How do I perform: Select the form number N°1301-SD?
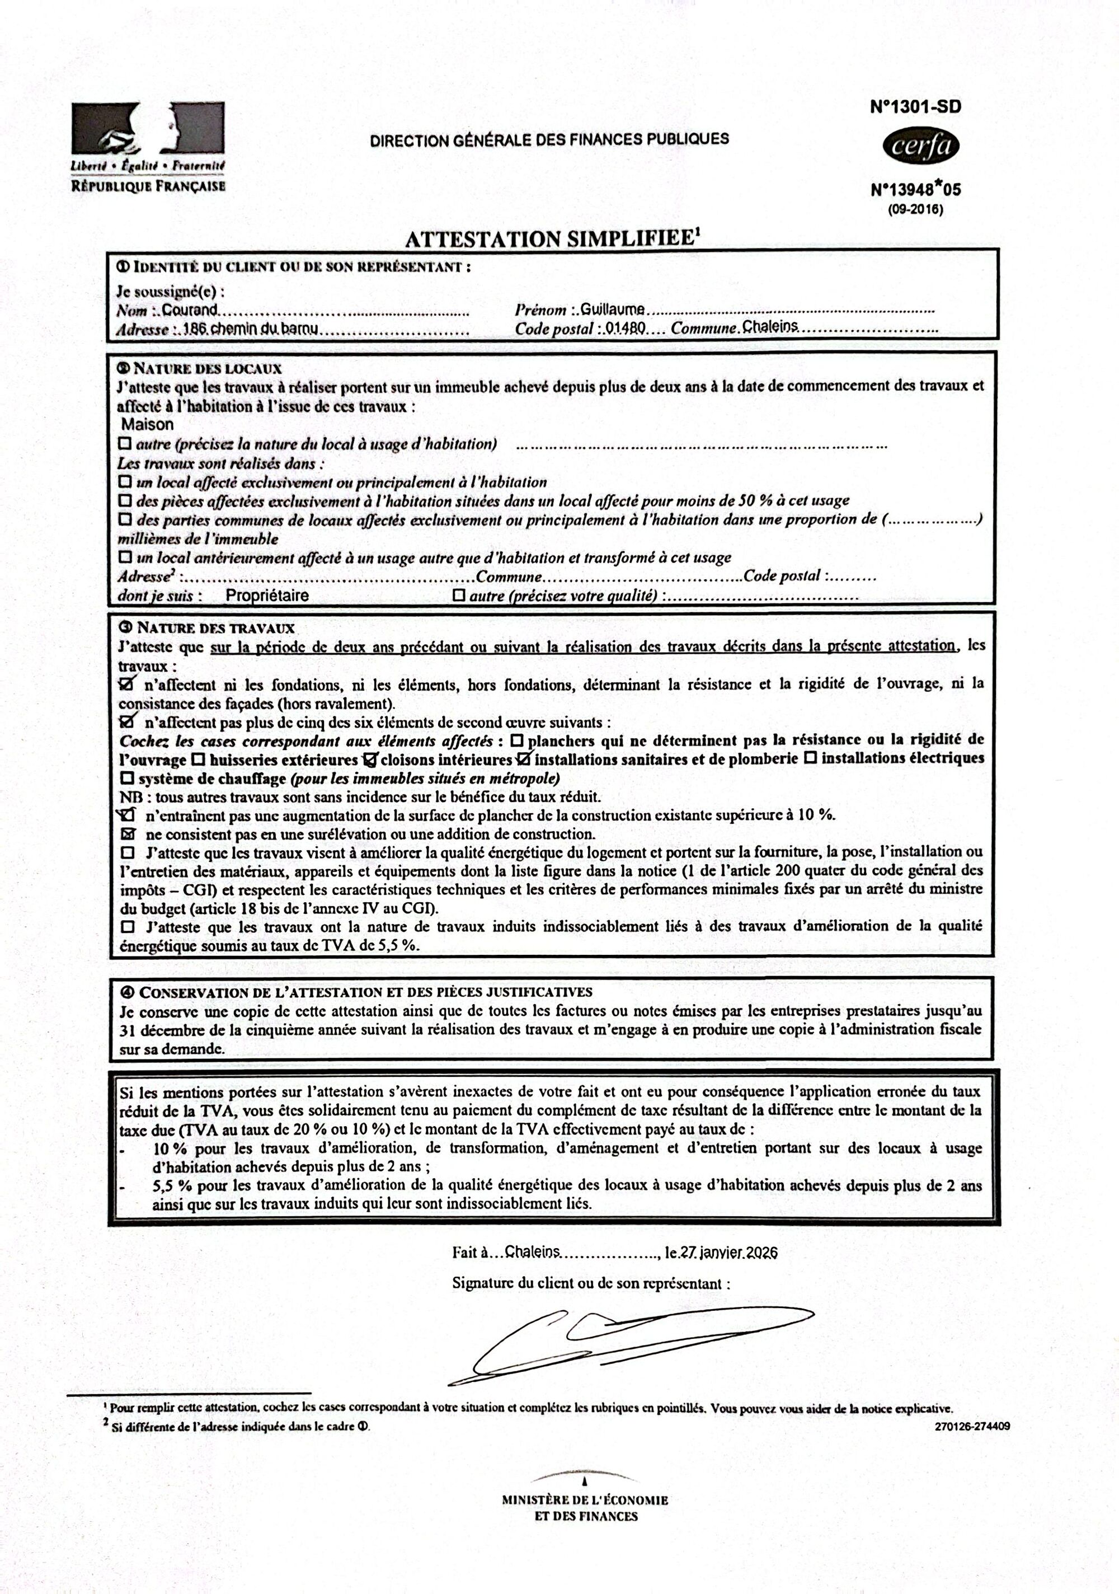click(915, 107)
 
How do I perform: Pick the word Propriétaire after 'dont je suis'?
click(267, 595)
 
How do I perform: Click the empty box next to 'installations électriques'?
click(810, 758)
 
